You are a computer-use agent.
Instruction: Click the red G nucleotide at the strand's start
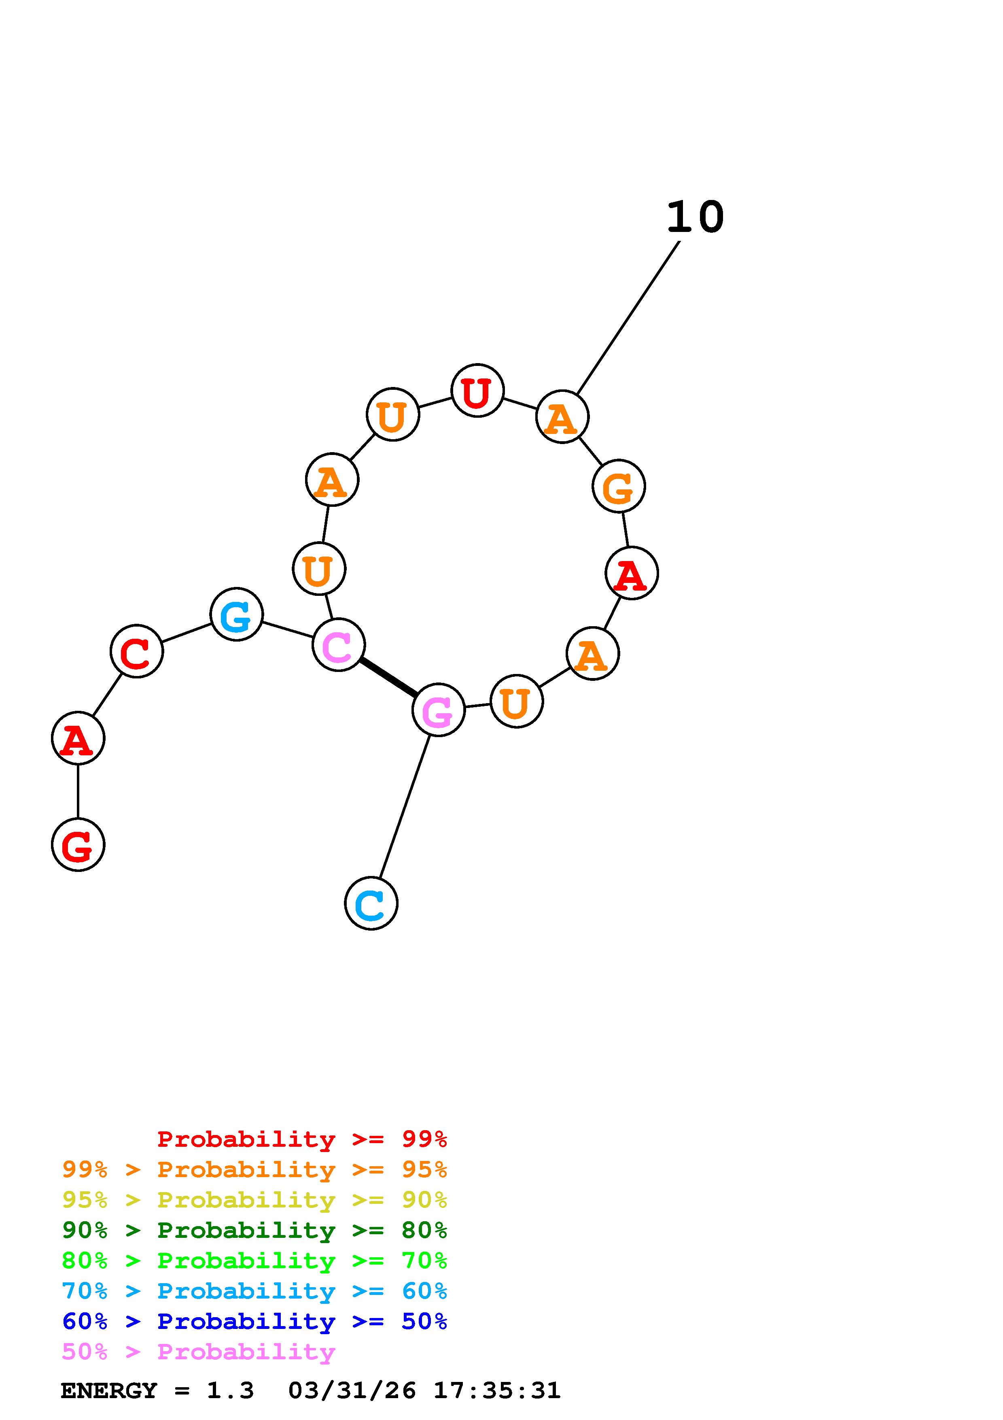[x=78, y=844]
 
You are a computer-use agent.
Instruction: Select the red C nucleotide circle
[x=137, y=651]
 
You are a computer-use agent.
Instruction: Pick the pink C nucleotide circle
[x=339, y=645]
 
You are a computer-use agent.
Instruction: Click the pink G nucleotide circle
[x=438, y=710]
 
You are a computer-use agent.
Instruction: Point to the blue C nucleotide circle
[x=371, y=903]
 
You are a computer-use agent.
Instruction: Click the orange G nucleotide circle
[x=619, y=486]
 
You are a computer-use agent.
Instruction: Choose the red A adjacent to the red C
[x=78, y=738]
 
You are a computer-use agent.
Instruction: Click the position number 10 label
[x=695, y=218]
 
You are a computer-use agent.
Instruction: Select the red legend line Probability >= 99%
[x=302, y=1139]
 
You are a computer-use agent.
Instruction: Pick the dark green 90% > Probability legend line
[x=254, y=1231]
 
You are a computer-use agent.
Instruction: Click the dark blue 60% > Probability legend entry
[x=254, y=1322]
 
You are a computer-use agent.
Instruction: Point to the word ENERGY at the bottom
[x=109, y=1391]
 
